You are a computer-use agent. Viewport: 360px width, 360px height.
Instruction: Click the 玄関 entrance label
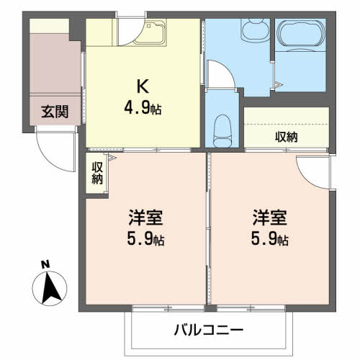(x=54, y=112)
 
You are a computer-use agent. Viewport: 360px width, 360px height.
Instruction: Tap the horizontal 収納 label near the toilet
(x=287, y=136)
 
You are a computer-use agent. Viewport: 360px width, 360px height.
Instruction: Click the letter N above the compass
(x=45, y=265)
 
